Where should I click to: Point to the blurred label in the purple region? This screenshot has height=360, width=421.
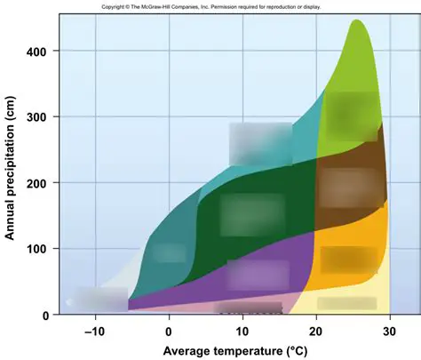pos(258,274)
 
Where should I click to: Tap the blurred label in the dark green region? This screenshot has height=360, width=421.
pos(251,214)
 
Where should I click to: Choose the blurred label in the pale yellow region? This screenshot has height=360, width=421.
pos(346,303)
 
